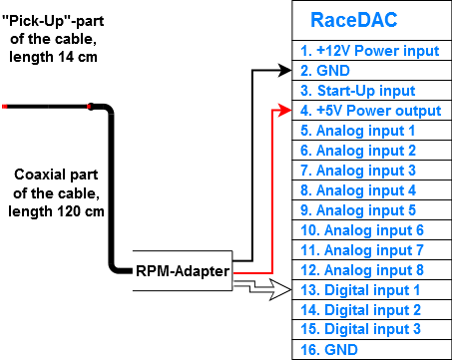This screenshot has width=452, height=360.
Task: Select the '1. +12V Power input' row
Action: [368, 50]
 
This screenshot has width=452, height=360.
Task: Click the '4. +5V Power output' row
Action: [368, 110]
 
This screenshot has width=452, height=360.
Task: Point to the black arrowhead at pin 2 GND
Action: [288, 71]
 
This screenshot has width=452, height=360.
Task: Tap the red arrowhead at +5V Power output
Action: [288, 111]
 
